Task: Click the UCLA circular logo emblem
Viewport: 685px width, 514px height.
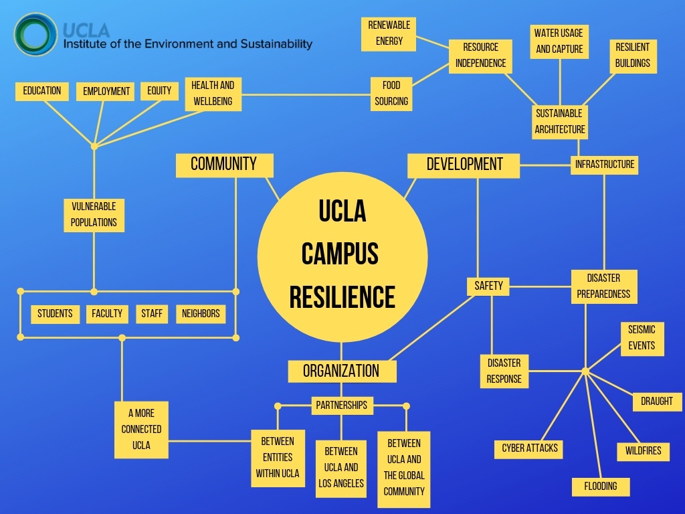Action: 35,35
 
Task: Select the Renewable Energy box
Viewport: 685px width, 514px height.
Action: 389,33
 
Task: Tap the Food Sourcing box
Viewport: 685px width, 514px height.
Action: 391,94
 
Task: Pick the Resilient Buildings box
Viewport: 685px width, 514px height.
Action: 633,56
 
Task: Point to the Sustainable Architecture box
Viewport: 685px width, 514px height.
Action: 560,122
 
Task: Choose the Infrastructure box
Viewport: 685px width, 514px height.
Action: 605,165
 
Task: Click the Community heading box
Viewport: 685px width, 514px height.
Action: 224,165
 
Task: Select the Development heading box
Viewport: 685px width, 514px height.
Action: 464,165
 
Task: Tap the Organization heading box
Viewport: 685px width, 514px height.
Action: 341,371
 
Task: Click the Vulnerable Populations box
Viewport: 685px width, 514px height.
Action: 94,215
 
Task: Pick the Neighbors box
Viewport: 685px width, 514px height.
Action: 201,314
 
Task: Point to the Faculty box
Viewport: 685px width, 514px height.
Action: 107,314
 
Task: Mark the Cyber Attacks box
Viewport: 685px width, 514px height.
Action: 530,448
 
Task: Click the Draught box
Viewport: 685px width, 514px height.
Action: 657,402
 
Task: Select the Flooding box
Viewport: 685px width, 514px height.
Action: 601,487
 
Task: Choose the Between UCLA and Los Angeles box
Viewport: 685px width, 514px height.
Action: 341,468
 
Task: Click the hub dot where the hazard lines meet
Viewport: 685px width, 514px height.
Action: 585,371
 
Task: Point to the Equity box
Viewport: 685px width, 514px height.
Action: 159,91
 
